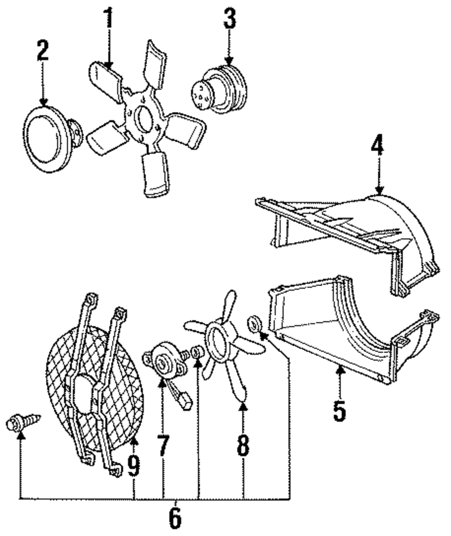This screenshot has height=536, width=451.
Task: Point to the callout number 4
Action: click(378, 146)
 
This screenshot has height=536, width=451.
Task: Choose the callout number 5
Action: click(339, 409)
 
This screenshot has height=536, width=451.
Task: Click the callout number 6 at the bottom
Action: click(175, 518)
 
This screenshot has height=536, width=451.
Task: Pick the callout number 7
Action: click(163, 446)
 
